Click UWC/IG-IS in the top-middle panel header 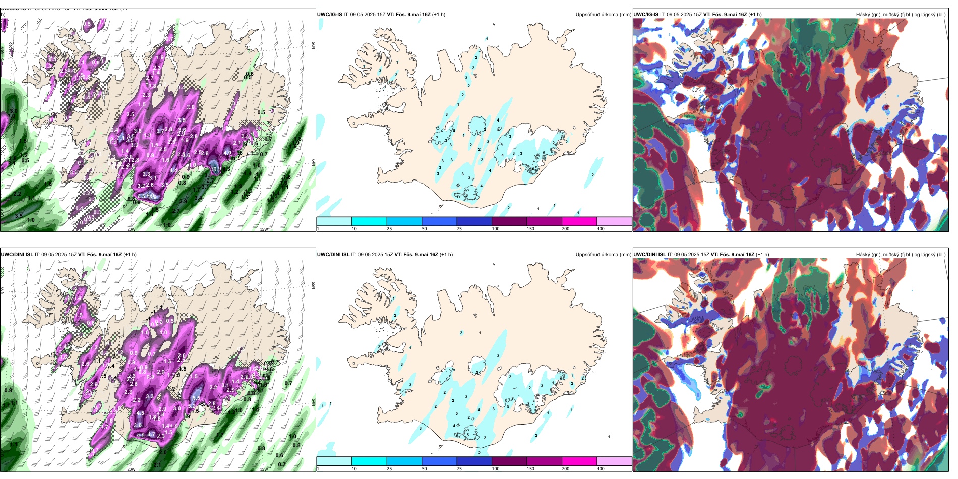329,15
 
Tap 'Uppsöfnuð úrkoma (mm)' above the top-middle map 603,15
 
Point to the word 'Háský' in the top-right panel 864,15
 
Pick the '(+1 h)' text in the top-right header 755,15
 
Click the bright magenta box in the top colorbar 579,221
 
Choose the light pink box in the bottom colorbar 614,461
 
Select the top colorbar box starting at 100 509,221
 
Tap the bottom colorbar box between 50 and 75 439,461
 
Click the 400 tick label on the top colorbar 601,229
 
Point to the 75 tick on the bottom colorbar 459,469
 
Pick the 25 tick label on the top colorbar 389,229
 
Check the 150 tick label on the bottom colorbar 530,469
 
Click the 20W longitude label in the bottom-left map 131,469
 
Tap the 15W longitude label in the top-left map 264,229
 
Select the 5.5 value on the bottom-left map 196,398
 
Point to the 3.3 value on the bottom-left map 150,396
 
